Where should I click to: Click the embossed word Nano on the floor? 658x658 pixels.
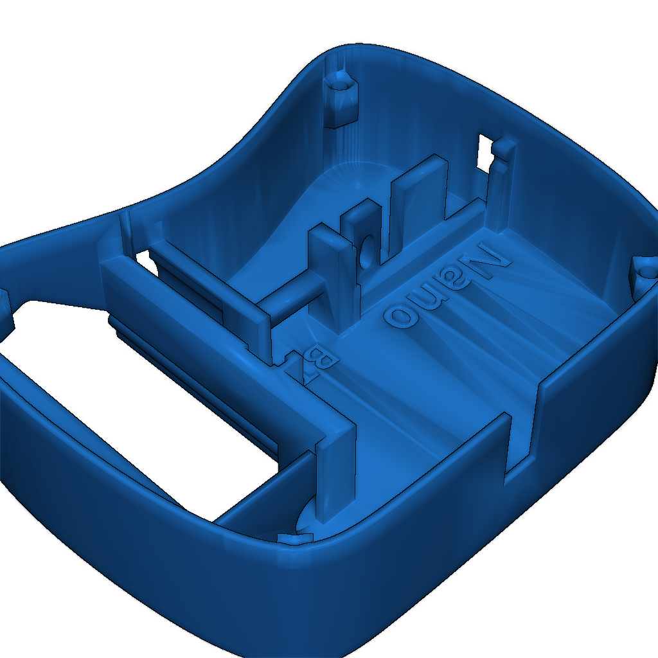pyautogui.click(x=447, y=285)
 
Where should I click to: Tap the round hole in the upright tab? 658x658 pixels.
pyautogui.click(x=368, y=252)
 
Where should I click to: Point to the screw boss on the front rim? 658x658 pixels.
pyautogui.click(x=295, y=538)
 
